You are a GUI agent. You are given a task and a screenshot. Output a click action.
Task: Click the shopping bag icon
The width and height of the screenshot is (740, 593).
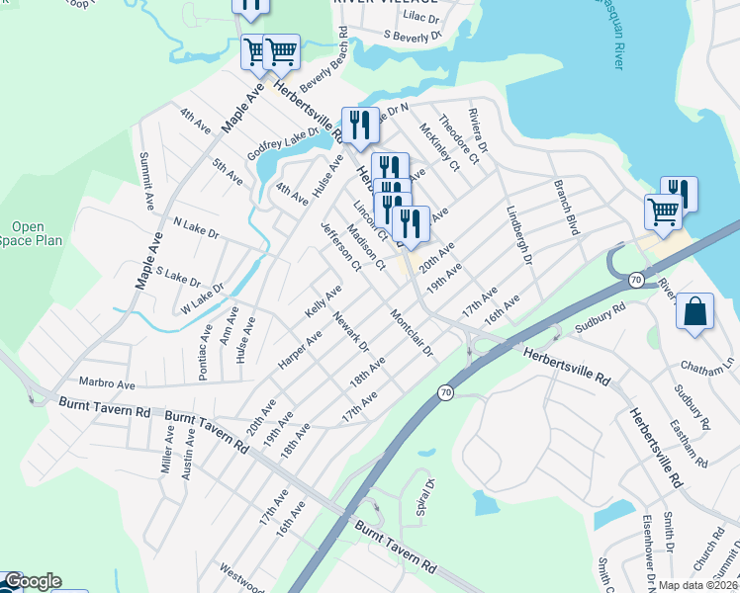click(695, 311)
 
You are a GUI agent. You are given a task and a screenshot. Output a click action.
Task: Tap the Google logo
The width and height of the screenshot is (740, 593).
click(32, 581)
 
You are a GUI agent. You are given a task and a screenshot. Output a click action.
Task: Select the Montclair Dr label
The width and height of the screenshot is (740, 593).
click(413, 335)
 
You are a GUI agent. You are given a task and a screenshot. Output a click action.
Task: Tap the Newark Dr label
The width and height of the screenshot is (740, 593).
click(350, 332)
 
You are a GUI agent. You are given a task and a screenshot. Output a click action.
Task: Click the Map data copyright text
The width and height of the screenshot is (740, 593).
click(696, 585)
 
